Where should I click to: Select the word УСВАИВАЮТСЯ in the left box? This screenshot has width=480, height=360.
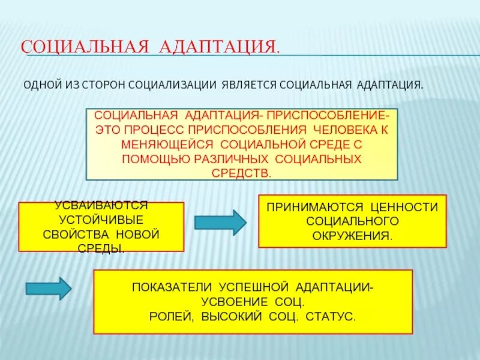pos(101,205)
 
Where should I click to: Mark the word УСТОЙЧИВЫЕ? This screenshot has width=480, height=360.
pos(101,220)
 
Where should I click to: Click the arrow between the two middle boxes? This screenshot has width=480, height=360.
pos(220,223)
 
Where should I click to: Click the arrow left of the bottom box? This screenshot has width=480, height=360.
pos(49,289)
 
